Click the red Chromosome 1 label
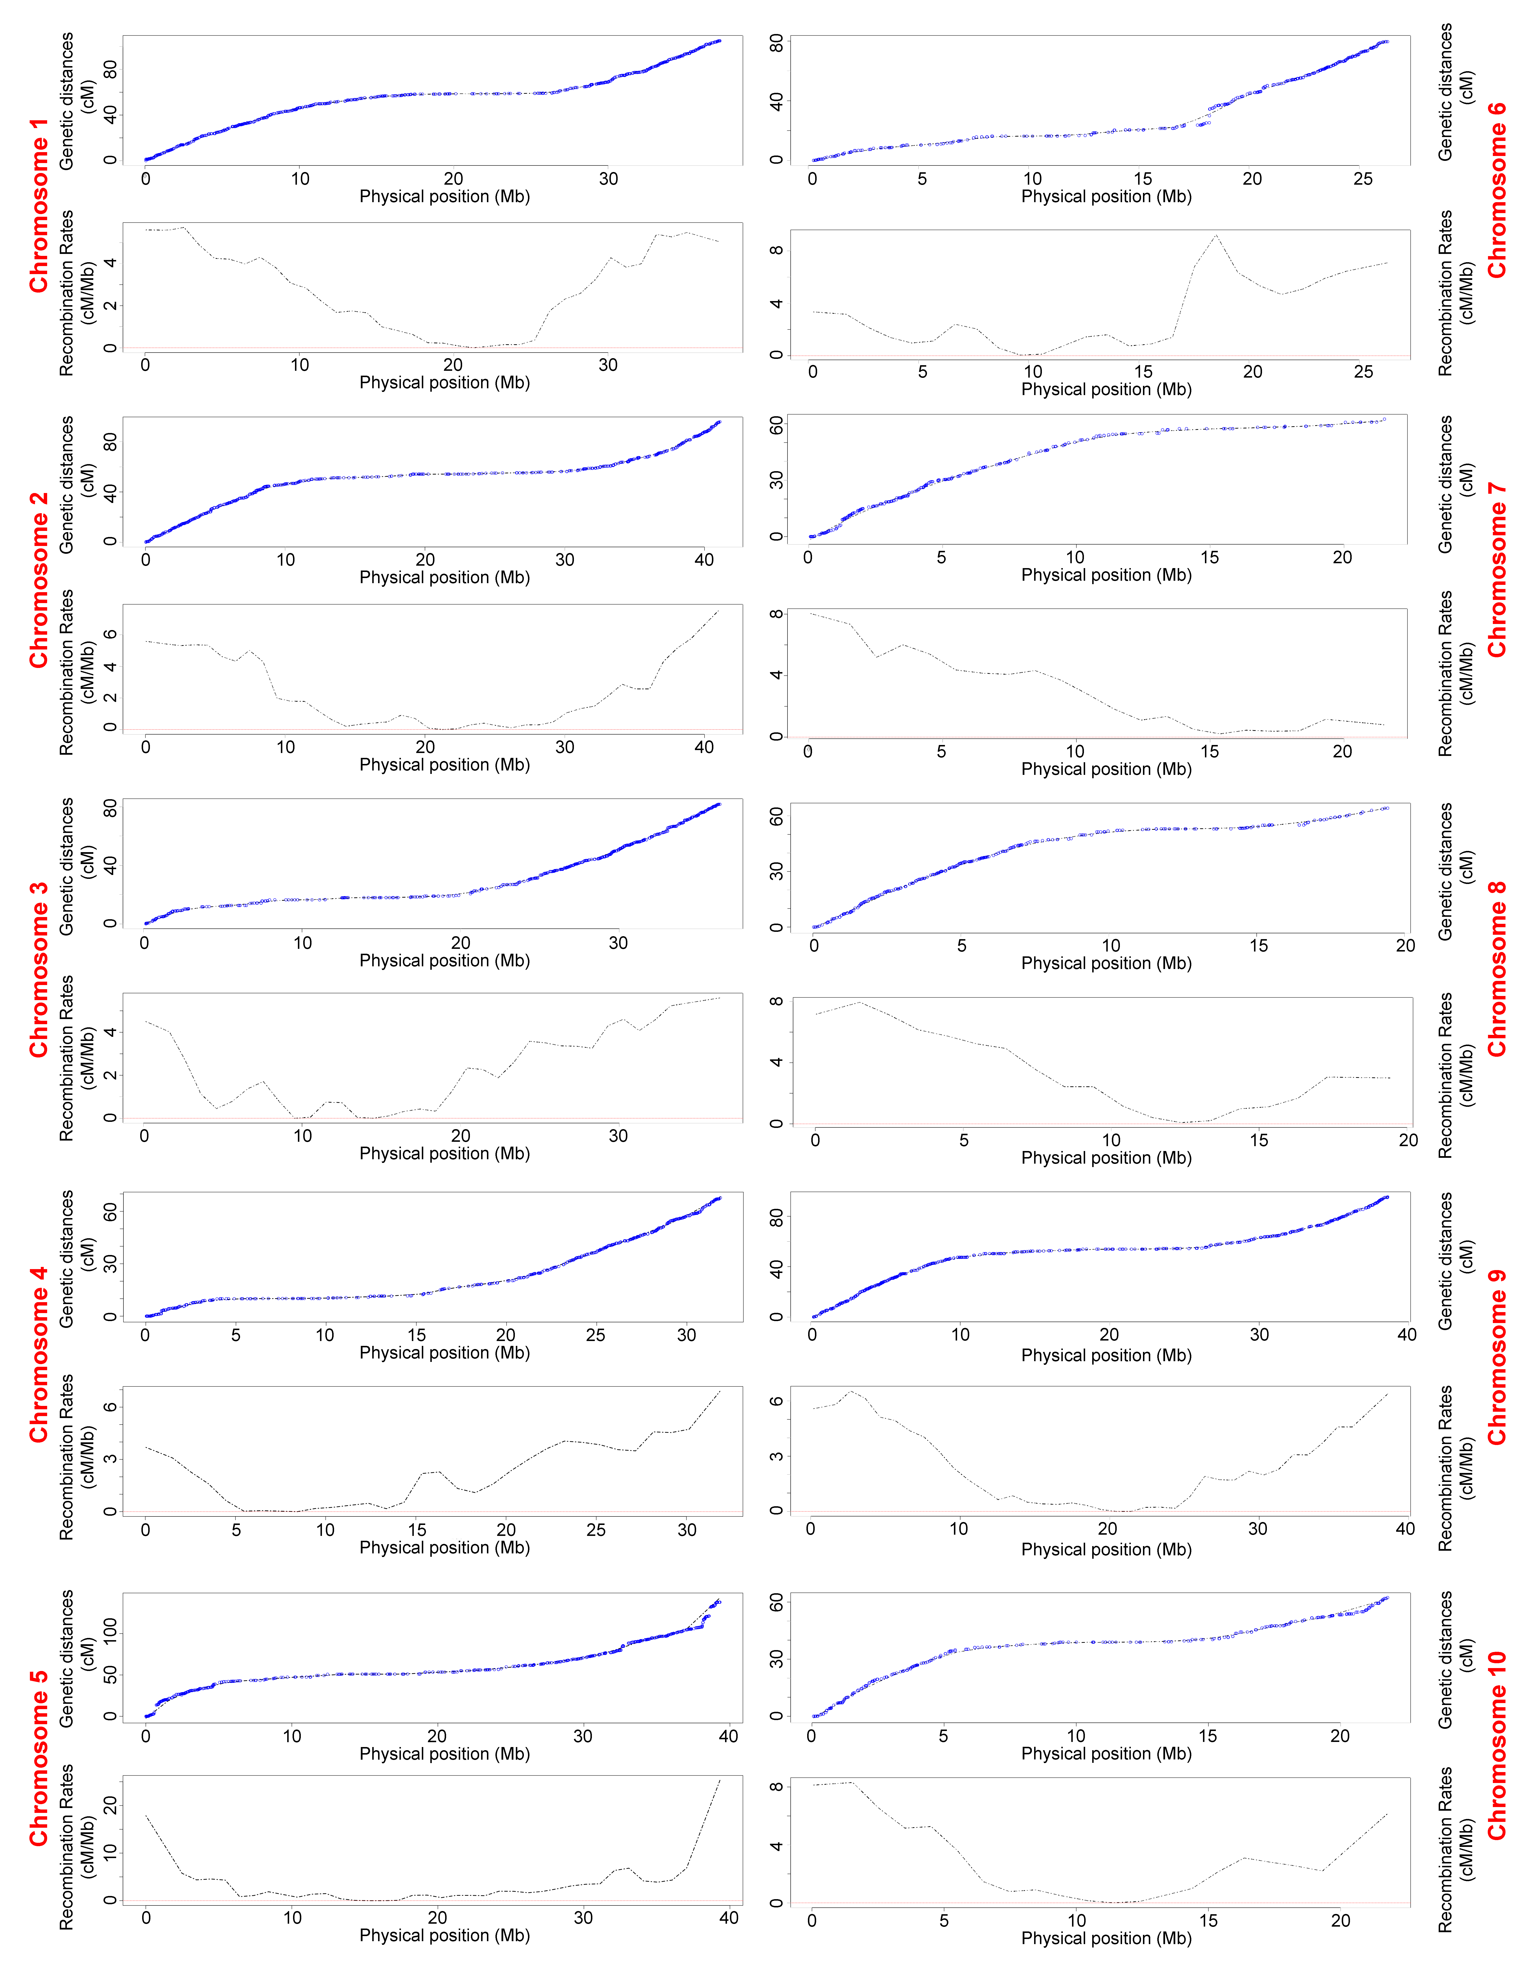(38, 205)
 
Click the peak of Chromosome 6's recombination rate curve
(1215, 236)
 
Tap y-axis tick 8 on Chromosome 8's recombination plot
(776, 1002)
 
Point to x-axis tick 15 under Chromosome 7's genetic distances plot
(1209, 557)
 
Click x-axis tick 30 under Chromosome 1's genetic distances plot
(608, 179)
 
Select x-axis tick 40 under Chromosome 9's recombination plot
(1405, 1528)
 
